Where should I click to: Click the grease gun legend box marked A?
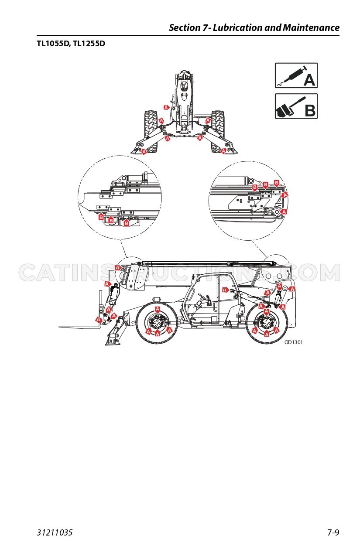(x=296, y=75)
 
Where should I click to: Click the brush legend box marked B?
(x=296, y=106)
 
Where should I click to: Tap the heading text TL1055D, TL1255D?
(x=71, y=44)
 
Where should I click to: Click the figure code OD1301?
(x=293, y=342)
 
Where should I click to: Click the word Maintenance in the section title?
(x=311, y=27)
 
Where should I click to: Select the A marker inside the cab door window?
(x=225, y=290)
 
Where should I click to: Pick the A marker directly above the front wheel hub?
(x=158, y=310)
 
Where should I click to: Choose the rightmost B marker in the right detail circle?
(x=276, y=183)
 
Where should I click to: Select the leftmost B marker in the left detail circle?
(x=101, y=217)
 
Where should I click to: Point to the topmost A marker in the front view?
(x=166, y=107)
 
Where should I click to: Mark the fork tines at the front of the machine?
(x=79, y=327)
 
